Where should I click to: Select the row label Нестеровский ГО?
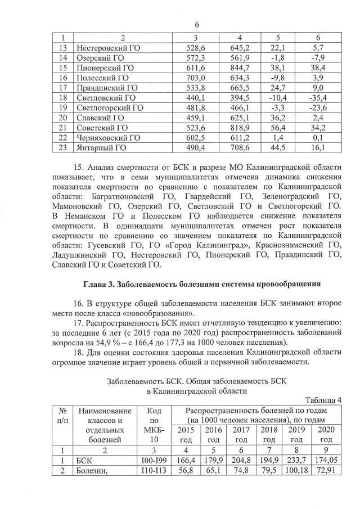[x=107, y=48]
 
